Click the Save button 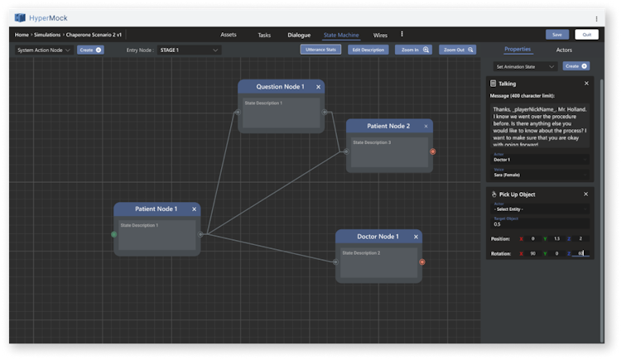[x=556, y=35]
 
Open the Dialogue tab [x=299, y=35]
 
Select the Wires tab [x=380, y=35]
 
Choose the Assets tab [x=229, y=35]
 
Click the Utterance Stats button [x=320, y=50]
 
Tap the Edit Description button [x=368, y=50]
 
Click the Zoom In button [x=414, y=50]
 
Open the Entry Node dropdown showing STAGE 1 [x=190, y=50]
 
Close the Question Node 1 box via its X [x=318, y=87]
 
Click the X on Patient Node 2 [x=426, y=127]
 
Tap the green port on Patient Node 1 [x=114, y=234]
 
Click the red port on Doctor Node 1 [x=422, y=262]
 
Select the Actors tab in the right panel [x=563, y=50]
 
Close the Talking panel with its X [x=586, y=84]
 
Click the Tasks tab [x=264, y=35]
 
